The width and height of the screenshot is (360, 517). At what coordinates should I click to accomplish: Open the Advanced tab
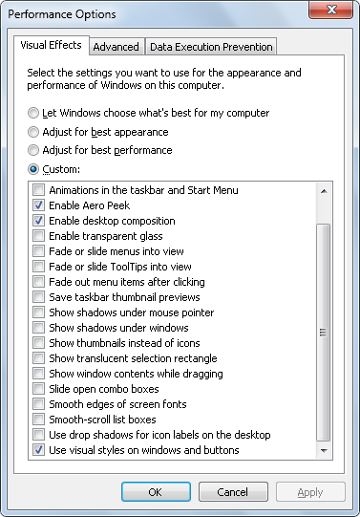point(116,46)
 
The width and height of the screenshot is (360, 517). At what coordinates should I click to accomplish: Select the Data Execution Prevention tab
point(210,46)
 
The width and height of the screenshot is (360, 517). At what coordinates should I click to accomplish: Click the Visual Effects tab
point(52,45)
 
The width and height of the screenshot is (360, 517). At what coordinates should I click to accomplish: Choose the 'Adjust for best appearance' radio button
point(34,132)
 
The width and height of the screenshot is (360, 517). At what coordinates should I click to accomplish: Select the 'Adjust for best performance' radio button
point(34,150)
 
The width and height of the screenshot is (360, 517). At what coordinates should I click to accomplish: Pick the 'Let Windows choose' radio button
point(34,113)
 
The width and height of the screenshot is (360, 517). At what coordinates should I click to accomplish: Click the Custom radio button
point(34,169)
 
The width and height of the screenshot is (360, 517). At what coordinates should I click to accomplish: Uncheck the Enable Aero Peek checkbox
point(38,205)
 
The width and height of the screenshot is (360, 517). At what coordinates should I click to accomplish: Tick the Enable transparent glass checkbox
point(38,236)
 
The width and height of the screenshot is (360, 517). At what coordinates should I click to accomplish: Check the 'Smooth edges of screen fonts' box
point(38,404)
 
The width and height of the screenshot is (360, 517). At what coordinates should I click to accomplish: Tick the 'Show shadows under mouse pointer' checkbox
point(38,312)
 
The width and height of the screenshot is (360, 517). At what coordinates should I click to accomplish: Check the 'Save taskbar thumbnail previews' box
point(38,297)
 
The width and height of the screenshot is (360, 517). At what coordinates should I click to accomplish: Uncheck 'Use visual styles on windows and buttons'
point(38,450)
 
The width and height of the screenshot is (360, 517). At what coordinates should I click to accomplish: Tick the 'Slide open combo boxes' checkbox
point(38,389)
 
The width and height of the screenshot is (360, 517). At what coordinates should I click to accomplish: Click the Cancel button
point(233,492)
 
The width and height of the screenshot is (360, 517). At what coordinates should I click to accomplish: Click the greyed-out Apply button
point(310,492)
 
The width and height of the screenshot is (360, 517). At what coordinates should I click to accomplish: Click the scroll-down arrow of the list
point(324,450)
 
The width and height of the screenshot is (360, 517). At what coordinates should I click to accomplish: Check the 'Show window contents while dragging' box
point(38,374)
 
